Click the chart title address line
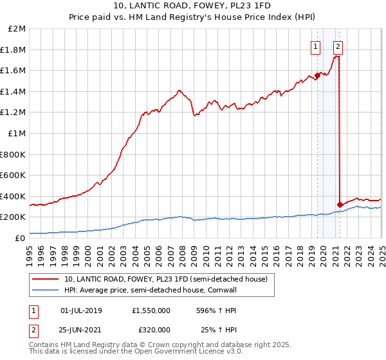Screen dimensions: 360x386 (x=192, y=6)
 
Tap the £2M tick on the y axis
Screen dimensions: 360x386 (x=18, y=29)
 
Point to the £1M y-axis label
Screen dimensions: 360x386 (x=18, y=133)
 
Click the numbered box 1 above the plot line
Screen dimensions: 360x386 (x=316, y=46)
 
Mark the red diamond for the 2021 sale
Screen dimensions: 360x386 (x=340, y=204)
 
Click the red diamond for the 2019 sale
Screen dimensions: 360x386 (x=317, y=76)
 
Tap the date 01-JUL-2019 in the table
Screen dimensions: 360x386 (x=87, y=310)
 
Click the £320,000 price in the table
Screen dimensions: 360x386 (x=153, y=331)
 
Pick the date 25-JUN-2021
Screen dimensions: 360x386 (x=87, y=331)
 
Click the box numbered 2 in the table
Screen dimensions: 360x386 (x=33, y=331)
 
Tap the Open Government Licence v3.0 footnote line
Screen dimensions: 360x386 (x=136, y=352)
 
